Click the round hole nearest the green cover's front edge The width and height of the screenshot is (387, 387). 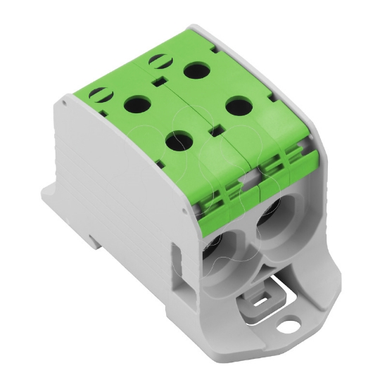pos(177,140)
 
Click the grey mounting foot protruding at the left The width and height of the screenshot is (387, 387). pos(53,202)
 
